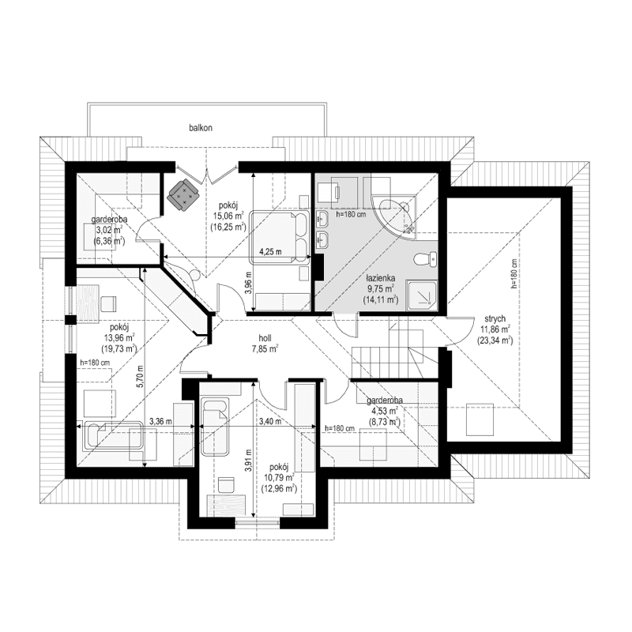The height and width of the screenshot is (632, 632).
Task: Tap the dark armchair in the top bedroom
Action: tap(183, 195)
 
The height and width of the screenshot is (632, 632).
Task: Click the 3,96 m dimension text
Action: tap(248, 280)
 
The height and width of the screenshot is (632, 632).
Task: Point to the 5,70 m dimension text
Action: tap(139, 380)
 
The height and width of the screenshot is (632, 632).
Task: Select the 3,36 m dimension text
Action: tap(160, 422)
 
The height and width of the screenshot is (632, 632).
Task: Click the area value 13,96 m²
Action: tap(119, 337)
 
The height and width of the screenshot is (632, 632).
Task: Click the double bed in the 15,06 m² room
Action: tap(280, 235)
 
